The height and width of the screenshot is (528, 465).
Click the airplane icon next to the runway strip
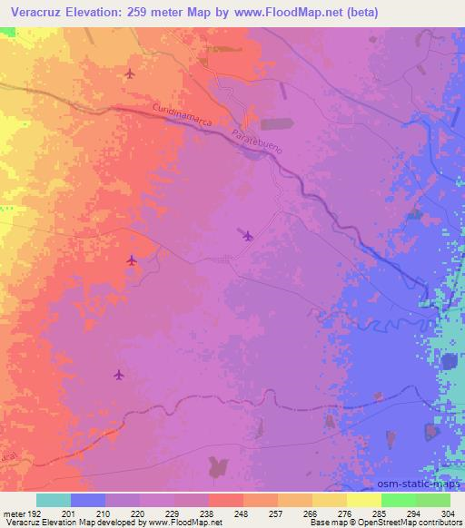coord(247,236)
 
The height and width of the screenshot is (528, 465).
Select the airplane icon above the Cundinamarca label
coord(130,73)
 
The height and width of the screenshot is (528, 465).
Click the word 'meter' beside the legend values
coord(13,513)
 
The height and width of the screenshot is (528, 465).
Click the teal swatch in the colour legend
coord(54,500)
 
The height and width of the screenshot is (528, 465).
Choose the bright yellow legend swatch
coord(364,500)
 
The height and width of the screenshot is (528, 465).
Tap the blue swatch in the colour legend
coord(88,500)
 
